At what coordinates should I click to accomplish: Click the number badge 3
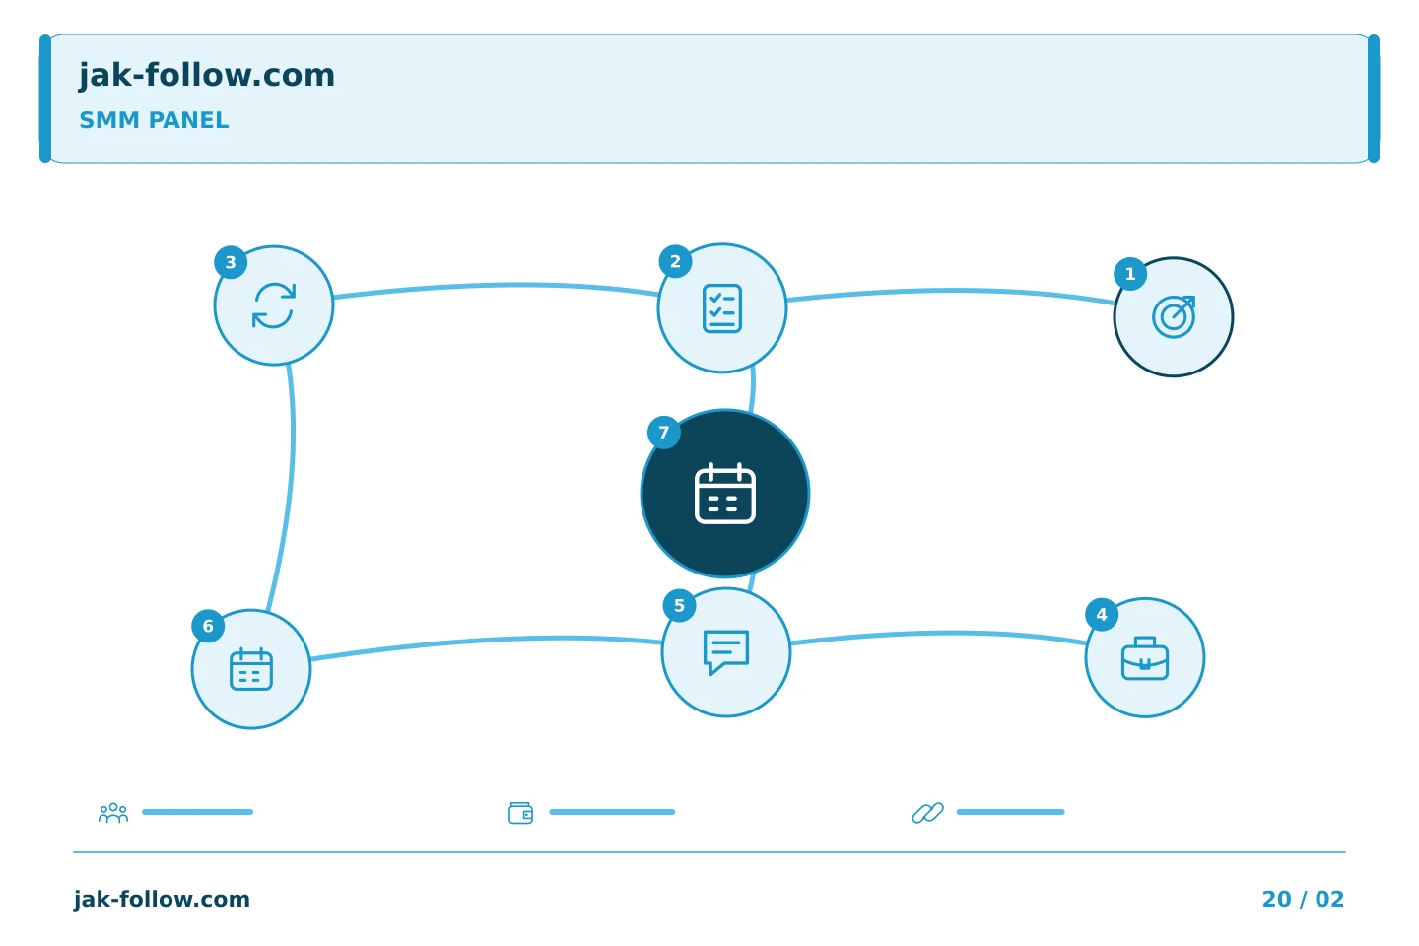pos(231,262)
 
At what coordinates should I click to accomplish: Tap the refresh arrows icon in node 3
pos(274,305)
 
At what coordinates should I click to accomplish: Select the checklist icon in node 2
pos(722,308)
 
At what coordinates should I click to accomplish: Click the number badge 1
pos(1130,274)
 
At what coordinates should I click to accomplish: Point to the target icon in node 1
pos(1174,317)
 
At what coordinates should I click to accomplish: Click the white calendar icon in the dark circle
pos(725,494)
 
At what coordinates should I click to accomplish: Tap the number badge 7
pos(664,433)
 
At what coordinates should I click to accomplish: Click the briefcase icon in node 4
pos(1145,658)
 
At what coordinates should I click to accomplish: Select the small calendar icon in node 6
pos(251,669)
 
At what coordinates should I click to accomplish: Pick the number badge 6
pos(208,626)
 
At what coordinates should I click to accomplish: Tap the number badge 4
pos(1102,614)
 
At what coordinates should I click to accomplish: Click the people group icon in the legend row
pos(113,812)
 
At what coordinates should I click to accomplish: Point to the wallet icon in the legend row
pos(520,813)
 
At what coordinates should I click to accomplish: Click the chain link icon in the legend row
pos(928,812)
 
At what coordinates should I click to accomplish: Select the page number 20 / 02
pos(1303,899)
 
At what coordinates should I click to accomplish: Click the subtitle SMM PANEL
pos(154,120)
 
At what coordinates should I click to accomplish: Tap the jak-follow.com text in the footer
pos(162,899)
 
